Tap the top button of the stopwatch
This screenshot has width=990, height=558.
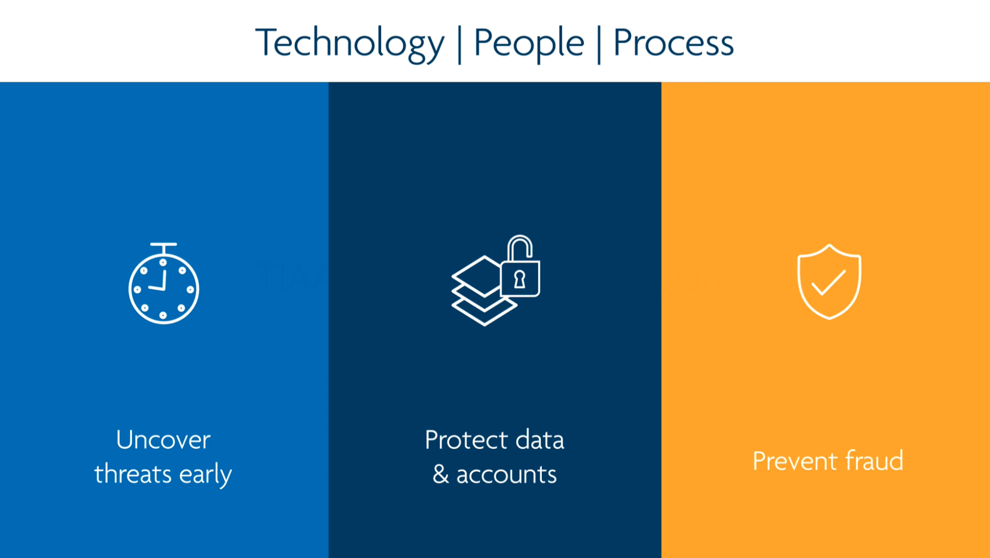point(164,246)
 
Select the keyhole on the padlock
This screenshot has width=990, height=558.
point(520,279)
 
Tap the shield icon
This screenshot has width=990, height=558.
point(829,282)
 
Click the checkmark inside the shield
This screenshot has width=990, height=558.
point(828,283)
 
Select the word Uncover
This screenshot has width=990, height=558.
point(163,440)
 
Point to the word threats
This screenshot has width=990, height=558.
point(133,474)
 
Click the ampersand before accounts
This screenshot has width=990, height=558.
point(440,474)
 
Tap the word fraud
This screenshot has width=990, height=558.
point(874,461)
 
